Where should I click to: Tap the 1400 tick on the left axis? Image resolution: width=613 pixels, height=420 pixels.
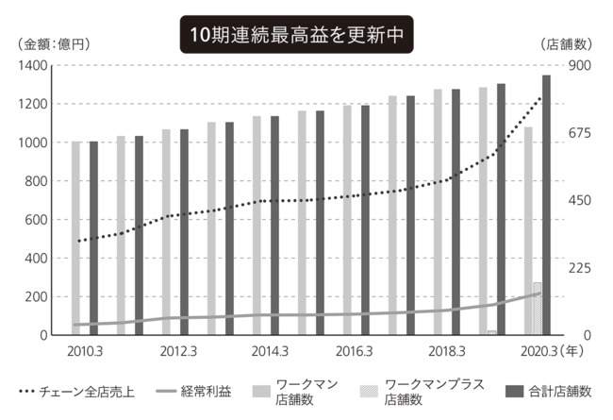[32, 65]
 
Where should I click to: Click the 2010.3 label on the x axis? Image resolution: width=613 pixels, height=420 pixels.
[85, 352]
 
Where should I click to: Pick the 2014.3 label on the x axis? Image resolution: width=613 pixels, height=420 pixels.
[270, 352]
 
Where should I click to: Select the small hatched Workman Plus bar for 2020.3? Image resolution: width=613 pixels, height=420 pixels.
[537, 309]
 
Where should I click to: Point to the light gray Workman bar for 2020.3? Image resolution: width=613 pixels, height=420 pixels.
[528, 231]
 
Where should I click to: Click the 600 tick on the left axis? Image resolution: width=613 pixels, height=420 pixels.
[35, 220]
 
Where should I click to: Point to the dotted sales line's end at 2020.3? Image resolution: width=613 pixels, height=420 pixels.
[541, 97]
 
